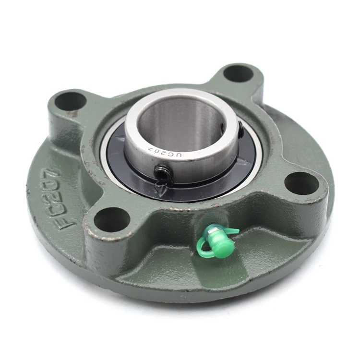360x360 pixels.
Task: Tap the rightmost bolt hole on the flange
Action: pos(301,183)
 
